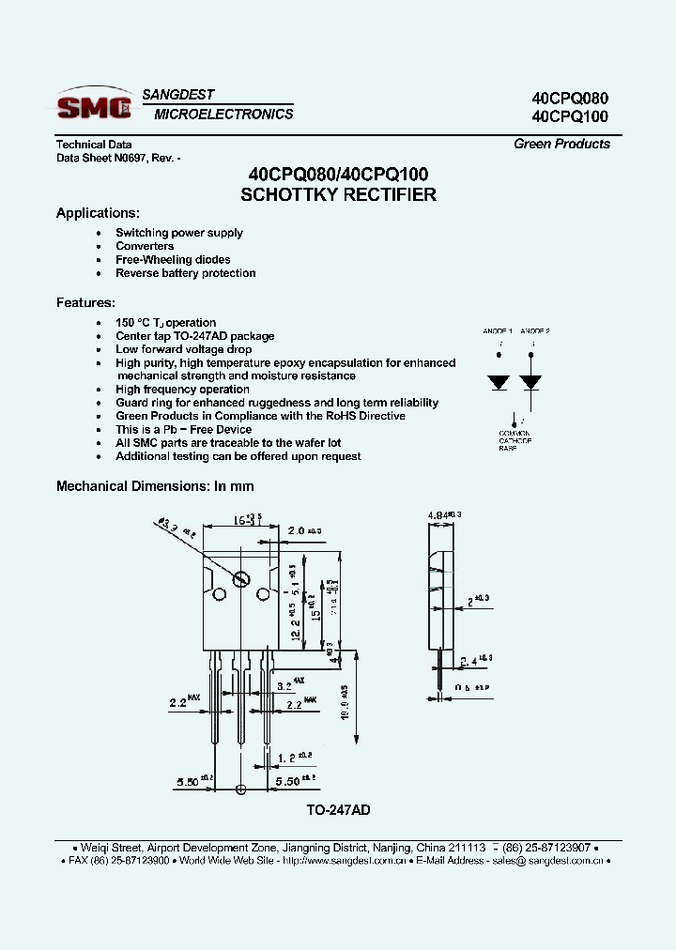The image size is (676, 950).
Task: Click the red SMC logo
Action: tap(93, 107)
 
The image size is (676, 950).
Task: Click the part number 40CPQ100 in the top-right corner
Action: tap(570, 117)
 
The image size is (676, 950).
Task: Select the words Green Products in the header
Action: tap(561, 144)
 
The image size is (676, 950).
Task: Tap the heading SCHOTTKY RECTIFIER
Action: tap(338, 195)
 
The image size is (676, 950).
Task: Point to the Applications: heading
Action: tap(98, 213)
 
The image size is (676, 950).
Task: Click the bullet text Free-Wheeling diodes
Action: tap(173, 260)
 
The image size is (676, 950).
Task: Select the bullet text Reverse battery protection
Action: tap(185, 273)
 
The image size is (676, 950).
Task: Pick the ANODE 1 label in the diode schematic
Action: tap(498, 331)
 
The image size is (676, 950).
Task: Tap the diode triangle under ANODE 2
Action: tap(531, 383)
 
